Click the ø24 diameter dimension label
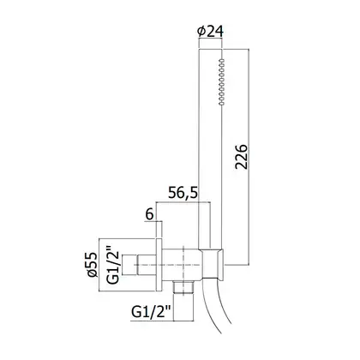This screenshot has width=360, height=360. [x=210, y=32]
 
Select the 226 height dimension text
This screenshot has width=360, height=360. [x=241, y=157]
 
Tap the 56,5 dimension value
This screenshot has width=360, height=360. [x=183, y=193]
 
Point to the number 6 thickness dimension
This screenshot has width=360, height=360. [x=149, y=214]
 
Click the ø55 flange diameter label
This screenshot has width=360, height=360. [x=93, y=265]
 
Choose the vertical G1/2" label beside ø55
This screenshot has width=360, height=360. [x=113, y=265]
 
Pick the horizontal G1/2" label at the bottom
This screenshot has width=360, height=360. [x=152, y=312]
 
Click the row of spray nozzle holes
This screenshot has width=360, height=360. [x=221, y=82]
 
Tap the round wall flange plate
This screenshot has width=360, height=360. [x=159, y=265]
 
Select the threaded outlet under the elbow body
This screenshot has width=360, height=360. [x=183, y=287]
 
